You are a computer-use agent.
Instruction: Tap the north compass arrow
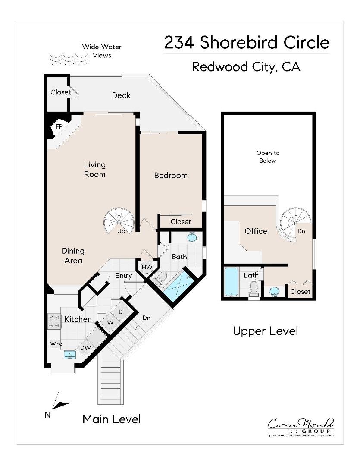coord(59,401)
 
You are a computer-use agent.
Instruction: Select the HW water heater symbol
coord(147,268)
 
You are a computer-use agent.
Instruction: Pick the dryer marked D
coord(120,312)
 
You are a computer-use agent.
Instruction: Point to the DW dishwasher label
coord(85,348)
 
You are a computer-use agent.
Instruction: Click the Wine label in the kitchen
coord(56,344)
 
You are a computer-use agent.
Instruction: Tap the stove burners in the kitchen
coord(54,322)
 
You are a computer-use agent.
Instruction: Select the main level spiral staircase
coord(119,220)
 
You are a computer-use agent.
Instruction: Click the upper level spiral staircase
coord(295,222)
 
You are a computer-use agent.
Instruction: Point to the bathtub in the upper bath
coord(232,282)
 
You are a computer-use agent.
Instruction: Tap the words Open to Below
coord(267,157)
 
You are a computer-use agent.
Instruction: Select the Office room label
coord(256,231)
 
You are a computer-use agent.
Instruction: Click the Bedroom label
coord(171,175)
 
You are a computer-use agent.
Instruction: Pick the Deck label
coord(121,95)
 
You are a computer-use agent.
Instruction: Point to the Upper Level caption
coord(265,331)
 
